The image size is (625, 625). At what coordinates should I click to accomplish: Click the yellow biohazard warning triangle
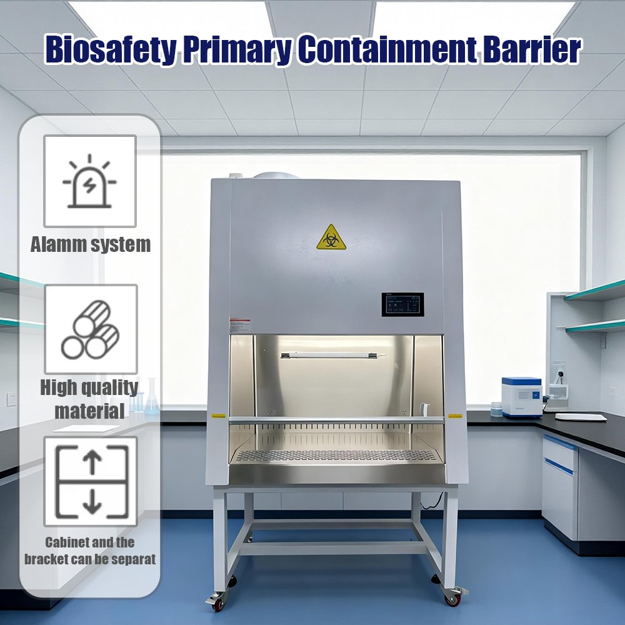[331, 238]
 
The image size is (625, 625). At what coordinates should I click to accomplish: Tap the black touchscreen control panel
[402, 304]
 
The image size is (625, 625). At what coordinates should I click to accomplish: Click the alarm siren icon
[89, 181]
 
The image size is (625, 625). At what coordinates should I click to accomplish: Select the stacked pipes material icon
[91, 329]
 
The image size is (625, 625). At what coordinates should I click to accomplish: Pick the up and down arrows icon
[91, 481]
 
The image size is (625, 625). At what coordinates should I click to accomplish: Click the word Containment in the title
[387, 49]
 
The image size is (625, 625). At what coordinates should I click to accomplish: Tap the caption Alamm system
[91, 244]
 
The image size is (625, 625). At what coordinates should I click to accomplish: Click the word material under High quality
[89, 411]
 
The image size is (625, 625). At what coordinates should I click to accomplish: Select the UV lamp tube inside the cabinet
[333, 355]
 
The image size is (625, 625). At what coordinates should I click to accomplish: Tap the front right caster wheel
[453, 596]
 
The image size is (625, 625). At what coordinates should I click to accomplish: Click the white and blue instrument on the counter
[522, 397]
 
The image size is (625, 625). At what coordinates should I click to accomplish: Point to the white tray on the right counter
[581, 417]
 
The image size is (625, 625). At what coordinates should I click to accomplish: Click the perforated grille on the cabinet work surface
[336, 455]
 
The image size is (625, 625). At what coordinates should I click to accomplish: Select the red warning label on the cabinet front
[240, 325]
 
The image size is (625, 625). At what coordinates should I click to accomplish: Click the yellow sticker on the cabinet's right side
[455, 416]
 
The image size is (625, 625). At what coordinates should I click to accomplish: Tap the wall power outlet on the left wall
[11, 399]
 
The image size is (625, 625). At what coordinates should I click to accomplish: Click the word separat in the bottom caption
[134, 559]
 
